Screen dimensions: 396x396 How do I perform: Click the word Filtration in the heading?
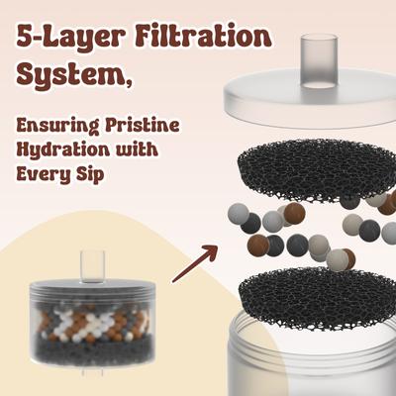(203, 37)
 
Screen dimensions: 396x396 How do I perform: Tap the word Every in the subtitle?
(44, 174)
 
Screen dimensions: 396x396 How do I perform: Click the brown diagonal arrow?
(195, 264)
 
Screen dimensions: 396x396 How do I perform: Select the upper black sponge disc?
(316, 171)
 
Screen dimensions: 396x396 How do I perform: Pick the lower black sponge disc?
(318, 299)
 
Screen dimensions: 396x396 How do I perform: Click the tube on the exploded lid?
(319, 61)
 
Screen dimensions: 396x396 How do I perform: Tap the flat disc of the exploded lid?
(310, 99)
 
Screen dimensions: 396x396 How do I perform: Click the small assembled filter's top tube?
(93, 266)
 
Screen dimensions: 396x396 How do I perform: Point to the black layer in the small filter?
(93, 350)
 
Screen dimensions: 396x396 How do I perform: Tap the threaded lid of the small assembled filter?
(93, 288)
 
